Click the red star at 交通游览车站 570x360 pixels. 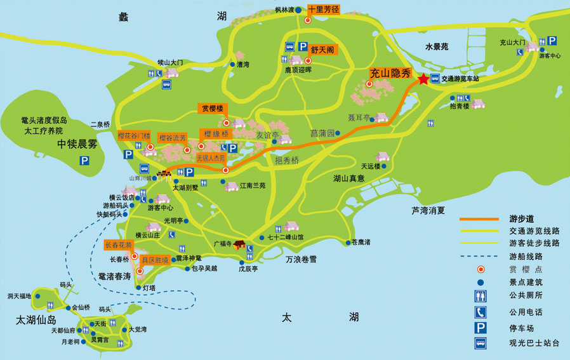point(423,79)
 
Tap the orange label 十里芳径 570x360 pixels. point(324,10)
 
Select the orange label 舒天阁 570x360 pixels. point(322,49)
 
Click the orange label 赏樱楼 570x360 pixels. point(212,109)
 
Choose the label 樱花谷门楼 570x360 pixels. point(134,137)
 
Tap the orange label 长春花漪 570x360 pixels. point(119,245)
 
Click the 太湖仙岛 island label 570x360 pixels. point(36,320)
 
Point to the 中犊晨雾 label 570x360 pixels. point(77,144)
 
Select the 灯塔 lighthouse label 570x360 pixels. point(149,288)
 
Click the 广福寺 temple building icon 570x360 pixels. point(239,244)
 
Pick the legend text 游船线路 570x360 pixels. point(526,257)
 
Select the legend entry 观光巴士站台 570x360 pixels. point(534,343)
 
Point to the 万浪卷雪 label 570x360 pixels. point(301,259)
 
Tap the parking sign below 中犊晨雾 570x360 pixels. point(84,161)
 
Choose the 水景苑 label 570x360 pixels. point(437,46)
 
